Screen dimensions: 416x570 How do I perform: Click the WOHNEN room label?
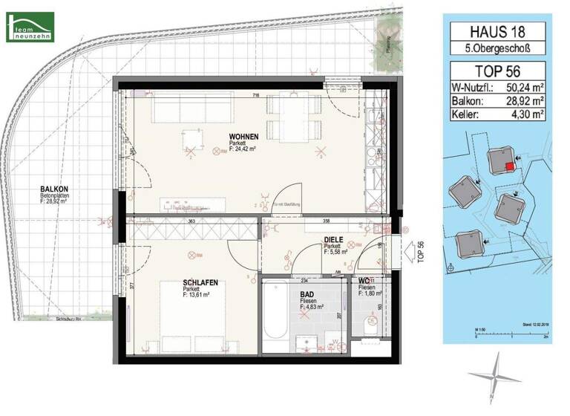pyautogui.click(x=243, y=137)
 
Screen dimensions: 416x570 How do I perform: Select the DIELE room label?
pyautogui.click(x=332, y=239)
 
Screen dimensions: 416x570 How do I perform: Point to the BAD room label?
pyautogui.click(x=307, y=295)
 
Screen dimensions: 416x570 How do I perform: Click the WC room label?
pyautogui.click(x=365, y=280)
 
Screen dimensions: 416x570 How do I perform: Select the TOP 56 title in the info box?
pyautogui.click(x=494, y=72)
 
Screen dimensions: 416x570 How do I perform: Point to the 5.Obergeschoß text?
pyautogui.click(x=494, y=49)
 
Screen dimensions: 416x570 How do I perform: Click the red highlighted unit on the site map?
pyautogui.click(x=508, y=166)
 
